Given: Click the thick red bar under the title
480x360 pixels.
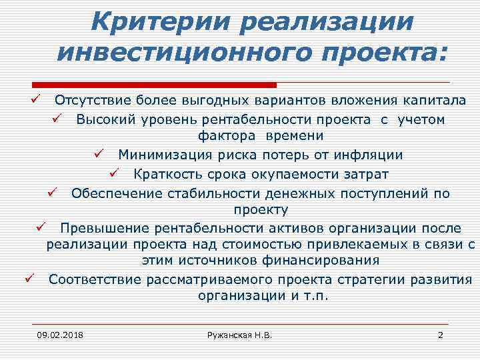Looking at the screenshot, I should tap(154, 85).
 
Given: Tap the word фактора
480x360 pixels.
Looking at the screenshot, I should tap(224, 136).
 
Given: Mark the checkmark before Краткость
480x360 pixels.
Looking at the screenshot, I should tap(113, 174).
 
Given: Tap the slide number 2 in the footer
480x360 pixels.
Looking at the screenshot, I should tap(440, 334).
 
